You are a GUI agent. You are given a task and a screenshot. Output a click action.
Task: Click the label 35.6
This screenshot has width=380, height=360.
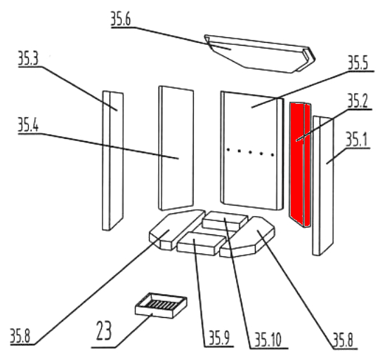coord(121,19)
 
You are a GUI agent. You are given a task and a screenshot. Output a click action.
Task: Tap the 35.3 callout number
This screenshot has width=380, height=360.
coord(28,58)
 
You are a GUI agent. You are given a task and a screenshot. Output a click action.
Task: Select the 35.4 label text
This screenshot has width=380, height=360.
coord(28,125)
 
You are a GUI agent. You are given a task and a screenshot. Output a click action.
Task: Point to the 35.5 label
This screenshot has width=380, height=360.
coord(358,62)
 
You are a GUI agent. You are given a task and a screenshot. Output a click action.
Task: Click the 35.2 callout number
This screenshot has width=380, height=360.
coord(358,101)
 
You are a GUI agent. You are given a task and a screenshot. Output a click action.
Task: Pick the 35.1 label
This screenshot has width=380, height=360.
coord(356,140)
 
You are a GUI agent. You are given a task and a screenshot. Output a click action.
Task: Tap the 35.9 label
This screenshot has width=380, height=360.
coord(219,338)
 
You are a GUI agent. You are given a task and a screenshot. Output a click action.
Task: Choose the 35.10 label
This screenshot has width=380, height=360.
coord(268,340)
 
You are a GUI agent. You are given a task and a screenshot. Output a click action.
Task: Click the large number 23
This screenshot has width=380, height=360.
coord(104,331)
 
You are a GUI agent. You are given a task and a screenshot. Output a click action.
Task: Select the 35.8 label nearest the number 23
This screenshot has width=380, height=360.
coord(20,336)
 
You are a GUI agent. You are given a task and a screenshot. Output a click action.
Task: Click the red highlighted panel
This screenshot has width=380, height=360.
coord(300,165)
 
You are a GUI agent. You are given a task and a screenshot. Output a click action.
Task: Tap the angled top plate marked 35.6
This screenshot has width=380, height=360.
coord(259,54)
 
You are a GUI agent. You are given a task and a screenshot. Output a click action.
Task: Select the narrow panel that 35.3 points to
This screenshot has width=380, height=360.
coord(112,161)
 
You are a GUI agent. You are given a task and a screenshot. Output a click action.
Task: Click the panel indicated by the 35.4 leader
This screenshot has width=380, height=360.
coord(176,148)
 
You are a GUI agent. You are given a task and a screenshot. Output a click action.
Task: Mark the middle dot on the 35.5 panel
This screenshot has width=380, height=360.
coord(250,152)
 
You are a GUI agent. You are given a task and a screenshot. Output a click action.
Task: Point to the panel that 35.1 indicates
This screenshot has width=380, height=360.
coord(323,186)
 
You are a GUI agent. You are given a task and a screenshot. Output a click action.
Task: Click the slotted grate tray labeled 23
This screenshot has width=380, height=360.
coord(161,305)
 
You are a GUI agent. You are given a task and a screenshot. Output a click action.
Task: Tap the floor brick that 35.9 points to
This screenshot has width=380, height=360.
coord(201,244)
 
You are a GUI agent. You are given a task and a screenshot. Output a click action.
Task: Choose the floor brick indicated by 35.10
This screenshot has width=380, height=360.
coord(225,221)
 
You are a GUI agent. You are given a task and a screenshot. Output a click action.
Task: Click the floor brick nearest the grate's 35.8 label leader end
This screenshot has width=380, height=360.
coord(177,229)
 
